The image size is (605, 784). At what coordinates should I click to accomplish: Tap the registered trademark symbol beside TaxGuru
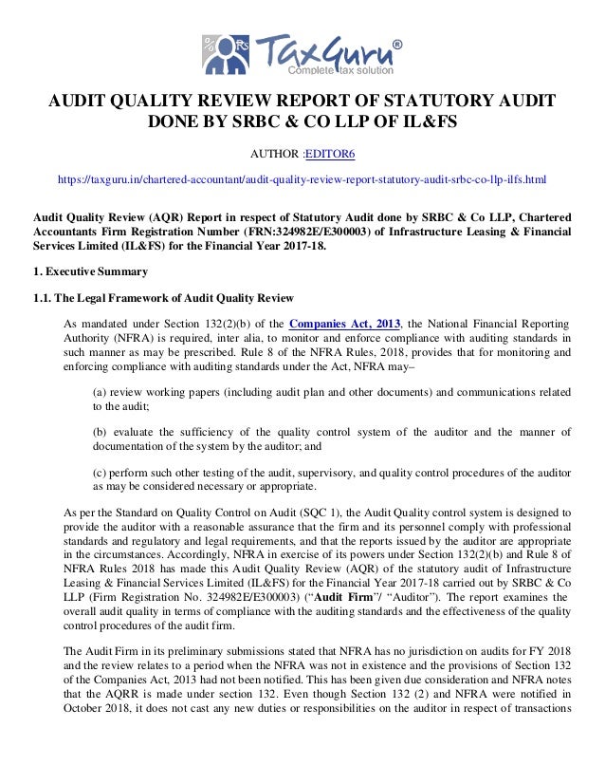point(396,44)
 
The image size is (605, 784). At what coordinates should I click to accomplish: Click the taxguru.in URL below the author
point(302,178)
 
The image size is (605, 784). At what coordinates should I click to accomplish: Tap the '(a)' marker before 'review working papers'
point(99,391)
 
